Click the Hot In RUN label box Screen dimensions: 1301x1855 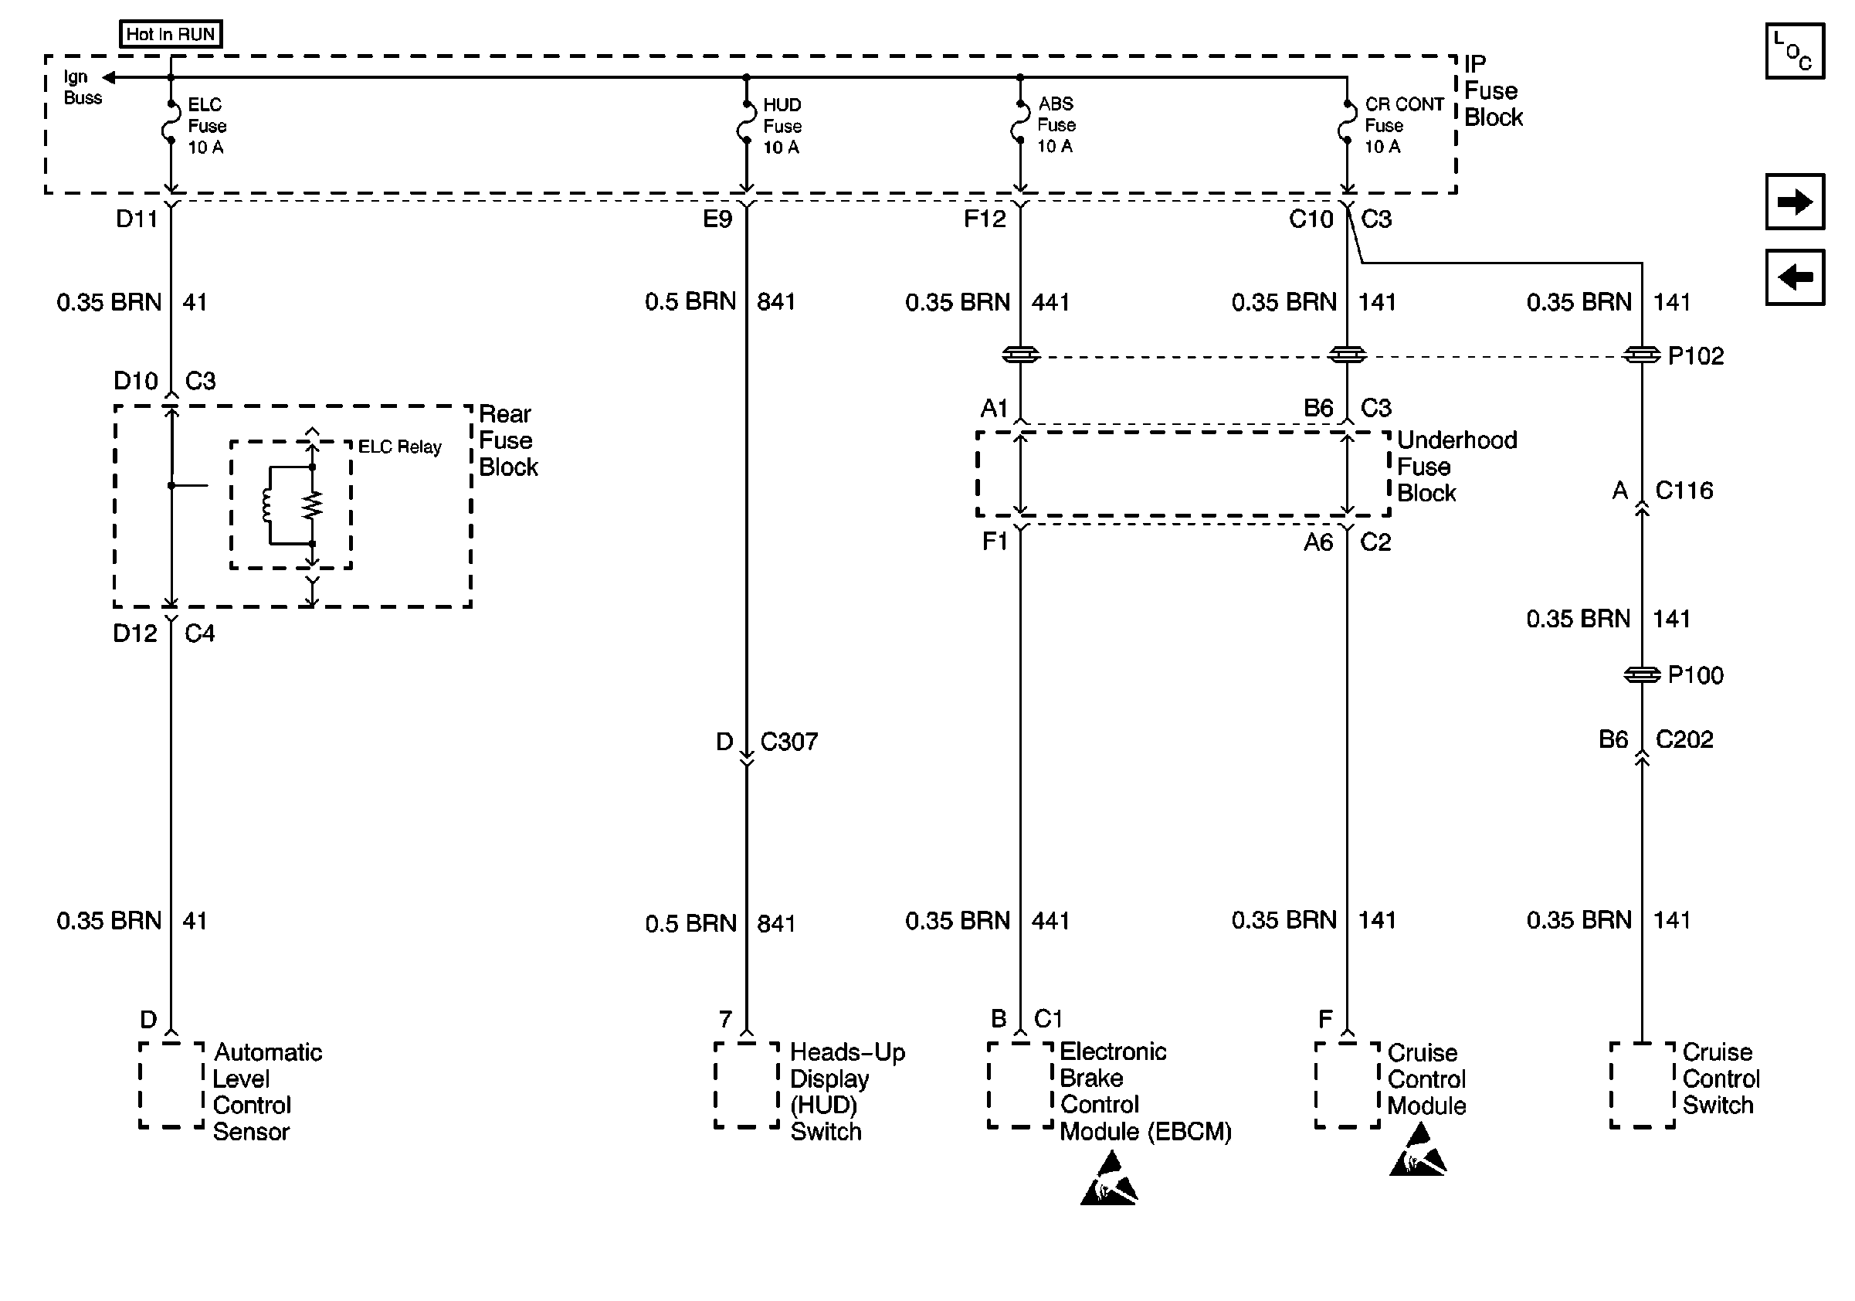pos(171,34)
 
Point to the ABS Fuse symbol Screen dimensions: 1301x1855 pos(1019,123)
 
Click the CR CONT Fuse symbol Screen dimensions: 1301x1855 pos(1347,123)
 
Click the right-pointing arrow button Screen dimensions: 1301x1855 pos(1795,201)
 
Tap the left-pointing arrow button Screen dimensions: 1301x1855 pos(1795,277)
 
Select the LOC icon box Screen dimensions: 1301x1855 pos(1795,52)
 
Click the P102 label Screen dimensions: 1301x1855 pos(1695,355)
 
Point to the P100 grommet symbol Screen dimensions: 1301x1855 pos(1641,674)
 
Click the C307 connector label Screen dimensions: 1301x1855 pos(788,741)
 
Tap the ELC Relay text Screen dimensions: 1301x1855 pos(399,447)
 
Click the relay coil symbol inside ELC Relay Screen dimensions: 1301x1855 pos(266,506)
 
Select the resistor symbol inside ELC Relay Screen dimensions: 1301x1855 pos(313,506)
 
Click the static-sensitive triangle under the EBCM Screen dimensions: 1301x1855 pos(1108,1182)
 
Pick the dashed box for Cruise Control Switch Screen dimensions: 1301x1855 pos(1642,1085)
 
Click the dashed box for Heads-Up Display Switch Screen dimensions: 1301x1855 pos(746,1085)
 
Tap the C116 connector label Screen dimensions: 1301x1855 pos(1684,490)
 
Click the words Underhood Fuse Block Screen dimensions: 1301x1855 pos(1456,467)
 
